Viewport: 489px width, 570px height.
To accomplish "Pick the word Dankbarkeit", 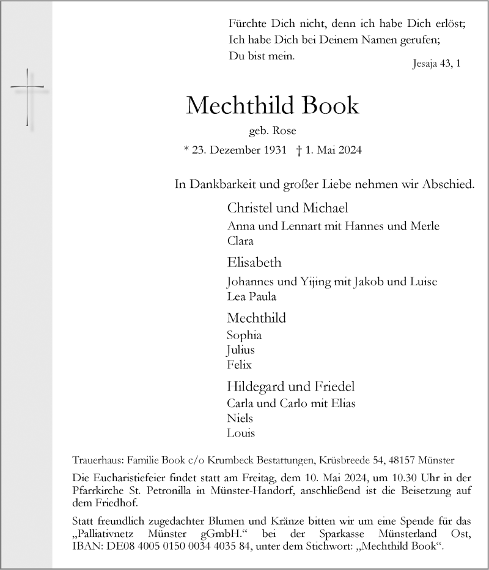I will pos(232,184).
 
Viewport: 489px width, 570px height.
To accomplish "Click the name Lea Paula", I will pos(251,296).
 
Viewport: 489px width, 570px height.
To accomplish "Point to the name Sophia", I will pos(244,335).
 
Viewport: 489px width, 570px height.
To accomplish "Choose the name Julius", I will pos(240,350).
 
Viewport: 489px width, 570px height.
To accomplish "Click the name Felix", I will pos(239,365).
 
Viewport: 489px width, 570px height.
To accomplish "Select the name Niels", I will pos(240,418).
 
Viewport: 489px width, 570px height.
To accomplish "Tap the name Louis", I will pos(240,433).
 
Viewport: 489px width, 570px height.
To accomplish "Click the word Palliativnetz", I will pos(106,534).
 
